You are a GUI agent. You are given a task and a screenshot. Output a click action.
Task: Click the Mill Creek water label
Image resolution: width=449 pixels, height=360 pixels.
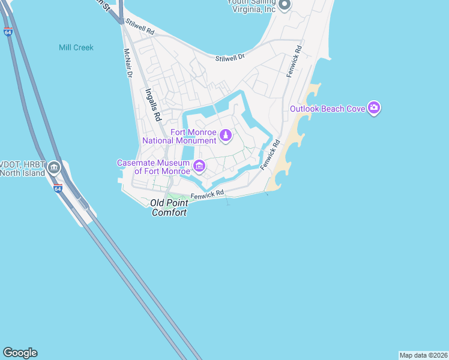(76, 47)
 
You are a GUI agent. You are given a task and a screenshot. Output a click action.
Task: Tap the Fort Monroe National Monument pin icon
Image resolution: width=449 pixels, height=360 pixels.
(226, 136)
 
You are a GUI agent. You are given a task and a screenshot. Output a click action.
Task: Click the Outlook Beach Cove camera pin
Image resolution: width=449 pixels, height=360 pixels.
(374, 108)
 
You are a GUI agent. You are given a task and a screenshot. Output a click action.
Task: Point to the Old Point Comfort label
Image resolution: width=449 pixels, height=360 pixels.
(169, 208)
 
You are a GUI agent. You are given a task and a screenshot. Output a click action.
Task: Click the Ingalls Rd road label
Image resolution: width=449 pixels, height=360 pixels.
(154, 103)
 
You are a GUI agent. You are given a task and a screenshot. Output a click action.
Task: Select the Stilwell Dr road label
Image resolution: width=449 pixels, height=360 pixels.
(231, 57)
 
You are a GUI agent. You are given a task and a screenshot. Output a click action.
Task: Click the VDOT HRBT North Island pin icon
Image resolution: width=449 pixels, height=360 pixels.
(54, 167)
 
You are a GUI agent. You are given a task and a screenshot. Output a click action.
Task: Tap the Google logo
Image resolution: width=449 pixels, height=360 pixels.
(20, 353)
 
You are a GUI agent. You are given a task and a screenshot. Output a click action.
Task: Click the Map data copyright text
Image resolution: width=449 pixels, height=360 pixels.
(423, 355)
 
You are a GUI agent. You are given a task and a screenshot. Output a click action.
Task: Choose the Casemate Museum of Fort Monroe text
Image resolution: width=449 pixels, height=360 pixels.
(154, 167)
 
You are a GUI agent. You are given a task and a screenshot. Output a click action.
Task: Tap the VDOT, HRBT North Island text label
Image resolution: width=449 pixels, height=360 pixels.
(22, 169)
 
